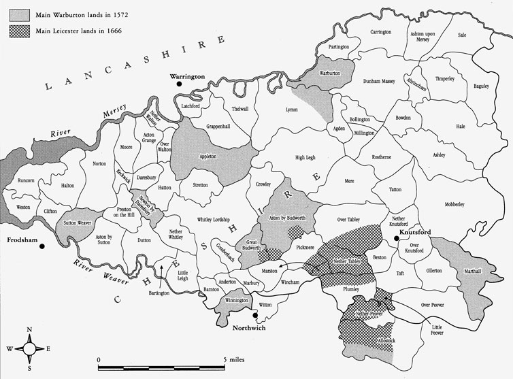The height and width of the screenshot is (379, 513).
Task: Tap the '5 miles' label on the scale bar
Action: pos(231,359)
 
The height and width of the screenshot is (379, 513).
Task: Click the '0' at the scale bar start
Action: pos(99,359)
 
